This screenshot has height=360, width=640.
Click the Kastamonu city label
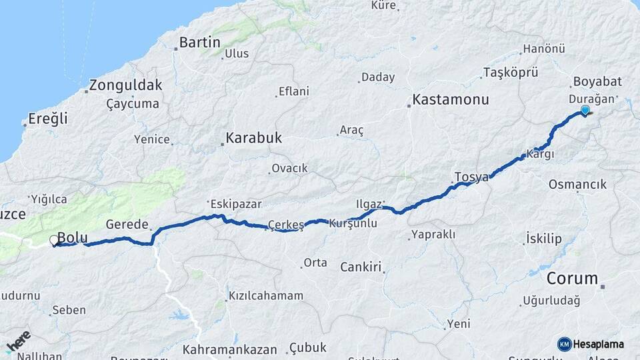[x=451, y=100]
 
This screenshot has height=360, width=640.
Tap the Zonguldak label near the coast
[x=125, y=85]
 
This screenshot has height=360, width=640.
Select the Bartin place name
[x=200, y=43]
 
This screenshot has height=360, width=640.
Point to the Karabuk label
[x=253, y=139]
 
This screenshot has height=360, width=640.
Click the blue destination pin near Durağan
[x=585, y=111]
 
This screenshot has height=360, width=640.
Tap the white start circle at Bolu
[x=55, y=240]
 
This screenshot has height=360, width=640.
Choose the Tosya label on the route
[x=471, y=177]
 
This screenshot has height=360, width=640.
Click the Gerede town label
[x=127, y=225]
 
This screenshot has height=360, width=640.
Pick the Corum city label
[x=572, y=278]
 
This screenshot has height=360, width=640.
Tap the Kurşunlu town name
[x=353, y=223]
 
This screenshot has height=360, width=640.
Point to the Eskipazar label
[x=235, y=204]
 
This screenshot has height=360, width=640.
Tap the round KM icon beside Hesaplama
[x=565, y=344]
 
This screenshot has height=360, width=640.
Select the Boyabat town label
[x=596, y=81]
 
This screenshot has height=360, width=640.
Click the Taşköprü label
[x=510, y=71]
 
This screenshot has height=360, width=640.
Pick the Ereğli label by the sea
[x=48, y=119]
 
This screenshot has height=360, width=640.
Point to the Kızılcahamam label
[x=266, y=295]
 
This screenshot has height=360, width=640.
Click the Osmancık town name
[x=577, y=184]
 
